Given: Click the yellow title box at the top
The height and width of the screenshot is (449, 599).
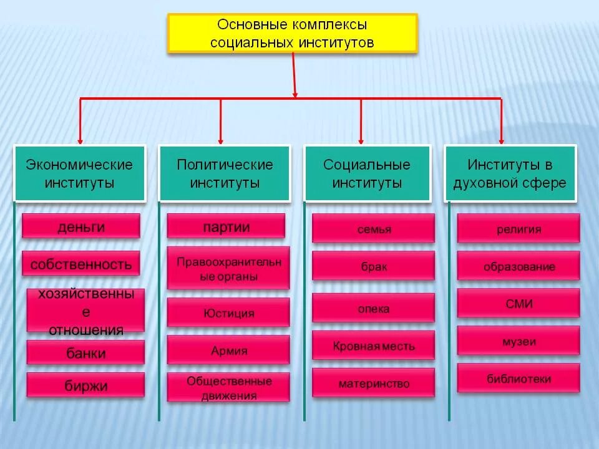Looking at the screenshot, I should click(292, 33).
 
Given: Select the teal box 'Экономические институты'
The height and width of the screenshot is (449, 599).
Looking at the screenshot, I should click(80, 174).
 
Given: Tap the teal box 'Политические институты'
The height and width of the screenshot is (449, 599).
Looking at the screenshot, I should click(225, 174).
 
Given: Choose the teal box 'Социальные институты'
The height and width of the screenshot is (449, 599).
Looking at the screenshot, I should click(367, 174).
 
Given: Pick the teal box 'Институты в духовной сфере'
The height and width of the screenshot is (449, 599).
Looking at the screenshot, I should click(510, 174).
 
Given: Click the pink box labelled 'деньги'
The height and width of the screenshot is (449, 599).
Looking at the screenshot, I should click(81, 226).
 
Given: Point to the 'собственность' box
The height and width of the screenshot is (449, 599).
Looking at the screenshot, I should click(81, 264).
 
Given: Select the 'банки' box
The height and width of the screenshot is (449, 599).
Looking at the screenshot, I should click(86, 353).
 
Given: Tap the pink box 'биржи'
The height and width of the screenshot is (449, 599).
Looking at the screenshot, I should click(86, 385).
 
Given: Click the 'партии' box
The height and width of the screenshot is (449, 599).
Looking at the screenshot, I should click(226, 226).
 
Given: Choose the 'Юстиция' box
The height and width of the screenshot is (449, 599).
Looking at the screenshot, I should click(228, 312).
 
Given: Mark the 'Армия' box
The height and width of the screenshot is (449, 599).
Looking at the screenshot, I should click(228, 350).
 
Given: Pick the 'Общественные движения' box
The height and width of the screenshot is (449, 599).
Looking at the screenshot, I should click(228, 387).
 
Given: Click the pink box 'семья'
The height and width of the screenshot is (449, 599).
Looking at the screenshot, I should click(373, 229).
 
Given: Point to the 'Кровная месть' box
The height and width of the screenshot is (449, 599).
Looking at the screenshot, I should click(373, 345).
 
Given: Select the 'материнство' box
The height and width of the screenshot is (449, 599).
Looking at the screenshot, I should click(373, 383).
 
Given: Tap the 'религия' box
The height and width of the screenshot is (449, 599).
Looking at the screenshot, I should click(518, 229).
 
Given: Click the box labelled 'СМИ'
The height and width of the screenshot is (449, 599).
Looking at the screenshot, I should click(518, 304).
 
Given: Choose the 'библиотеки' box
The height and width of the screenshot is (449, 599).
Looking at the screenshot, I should click(518, 378).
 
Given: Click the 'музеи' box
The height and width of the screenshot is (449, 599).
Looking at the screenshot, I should click(518, 341).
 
